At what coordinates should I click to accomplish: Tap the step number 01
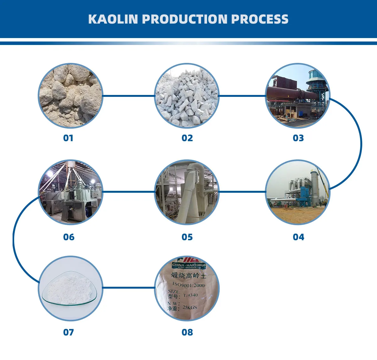coord(68,138)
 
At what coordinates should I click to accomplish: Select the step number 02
coord(187,138)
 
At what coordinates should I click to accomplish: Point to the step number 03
coord(298,138)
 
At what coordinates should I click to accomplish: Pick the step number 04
coord(298,237)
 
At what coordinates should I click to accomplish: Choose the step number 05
coord(187,237)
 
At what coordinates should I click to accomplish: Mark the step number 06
coord(69,237)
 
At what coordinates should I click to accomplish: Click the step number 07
coord(68,332)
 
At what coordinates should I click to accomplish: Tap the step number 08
coord(187,332)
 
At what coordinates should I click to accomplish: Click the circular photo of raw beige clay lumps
coord(70,96)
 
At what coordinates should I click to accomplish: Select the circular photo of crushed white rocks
coord(187,96)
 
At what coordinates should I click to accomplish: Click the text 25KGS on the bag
coord(190,307)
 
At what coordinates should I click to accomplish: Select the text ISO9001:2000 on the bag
coord(188,285)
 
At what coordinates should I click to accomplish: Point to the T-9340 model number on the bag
coord(191,296)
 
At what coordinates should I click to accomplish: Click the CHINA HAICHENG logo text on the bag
coord(188,265)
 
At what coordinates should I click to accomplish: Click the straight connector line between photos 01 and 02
coord(129,96)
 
